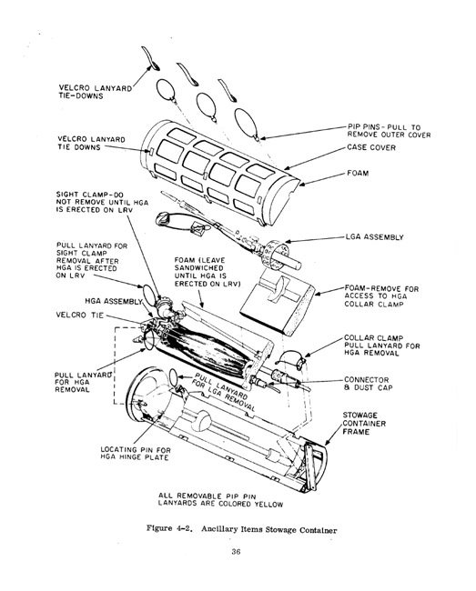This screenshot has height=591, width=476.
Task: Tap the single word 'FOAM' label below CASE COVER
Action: (359, 170)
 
